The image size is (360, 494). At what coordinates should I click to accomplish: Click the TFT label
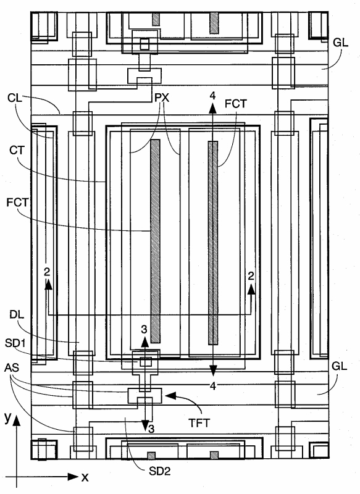tap(199, 423)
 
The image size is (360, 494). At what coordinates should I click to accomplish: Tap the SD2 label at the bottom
tap(160, 471)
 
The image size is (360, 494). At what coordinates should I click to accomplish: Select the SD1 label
tap(15, 343)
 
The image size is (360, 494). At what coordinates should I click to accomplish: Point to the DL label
tap(17, 315)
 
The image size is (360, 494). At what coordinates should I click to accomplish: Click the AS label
tap(12, 367)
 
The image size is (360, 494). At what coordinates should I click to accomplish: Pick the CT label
tap(17, 150)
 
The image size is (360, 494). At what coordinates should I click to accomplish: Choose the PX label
tap(162, 98)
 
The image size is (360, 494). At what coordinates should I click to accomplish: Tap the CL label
tap(15, 98)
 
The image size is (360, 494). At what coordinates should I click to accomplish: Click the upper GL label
tap(341, 43)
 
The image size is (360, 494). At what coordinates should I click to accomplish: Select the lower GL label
tap(340, 366)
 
